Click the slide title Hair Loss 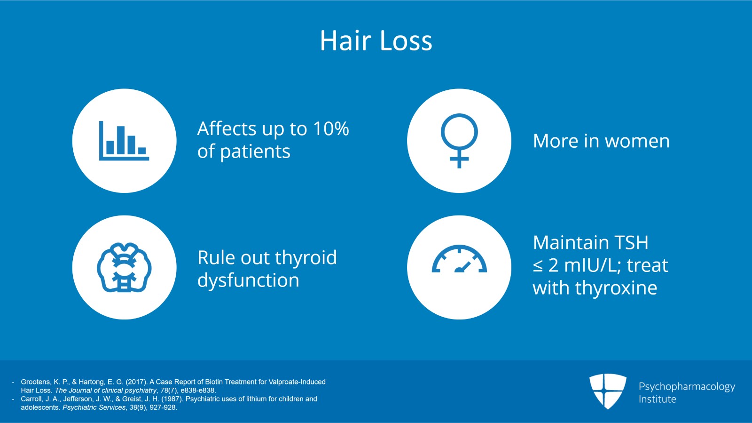(376, 40)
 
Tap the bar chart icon (124, 141)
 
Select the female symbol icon (459, 141)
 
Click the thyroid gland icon (124, 267)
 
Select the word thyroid (306, 258)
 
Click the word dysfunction (248, 280)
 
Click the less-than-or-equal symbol (538, 266)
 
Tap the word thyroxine (616, 288)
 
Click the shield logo (608, 391)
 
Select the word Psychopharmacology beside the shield (687, 387)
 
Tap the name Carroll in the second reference (31, 399)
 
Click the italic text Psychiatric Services (94, 407)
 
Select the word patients (255, 152)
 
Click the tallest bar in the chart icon (121, 140)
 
